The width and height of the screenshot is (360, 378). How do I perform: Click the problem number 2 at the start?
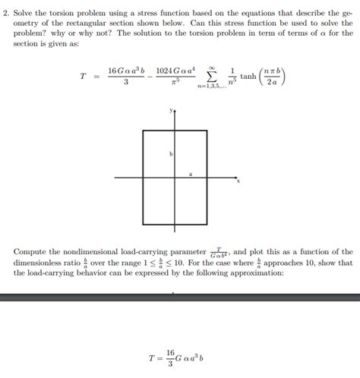click(6, 12)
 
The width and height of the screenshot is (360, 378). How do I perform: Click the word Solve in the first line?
click(26, 12)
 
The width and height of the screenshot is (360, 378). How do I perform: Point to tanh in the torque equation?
click(248, 77)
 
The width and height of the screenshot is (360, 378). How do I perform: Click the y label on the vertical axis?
click(171, 111)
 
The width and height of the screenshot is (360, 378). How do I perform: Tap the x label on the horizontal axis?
click(238, 181)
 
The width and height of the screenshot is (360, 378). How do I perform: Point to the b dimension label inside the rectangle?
click(171, 154)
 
